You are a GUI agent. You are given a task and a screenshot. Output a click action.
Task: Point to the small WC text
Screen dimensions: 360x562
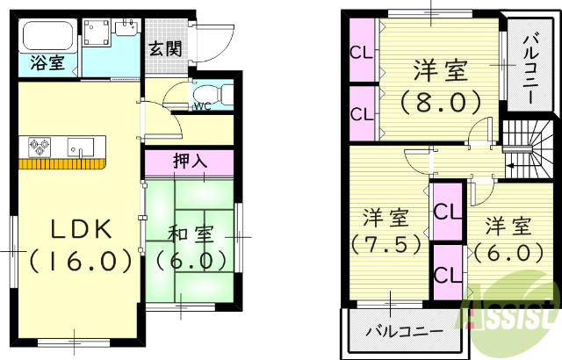(201, 107)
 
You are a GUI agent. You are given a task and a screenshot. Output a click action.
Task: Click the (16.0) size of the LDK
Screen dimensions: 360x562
(79, 261)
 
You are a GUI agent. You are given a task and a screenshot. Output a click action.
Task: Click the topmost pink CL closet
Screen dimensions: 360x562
(361, 51)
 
